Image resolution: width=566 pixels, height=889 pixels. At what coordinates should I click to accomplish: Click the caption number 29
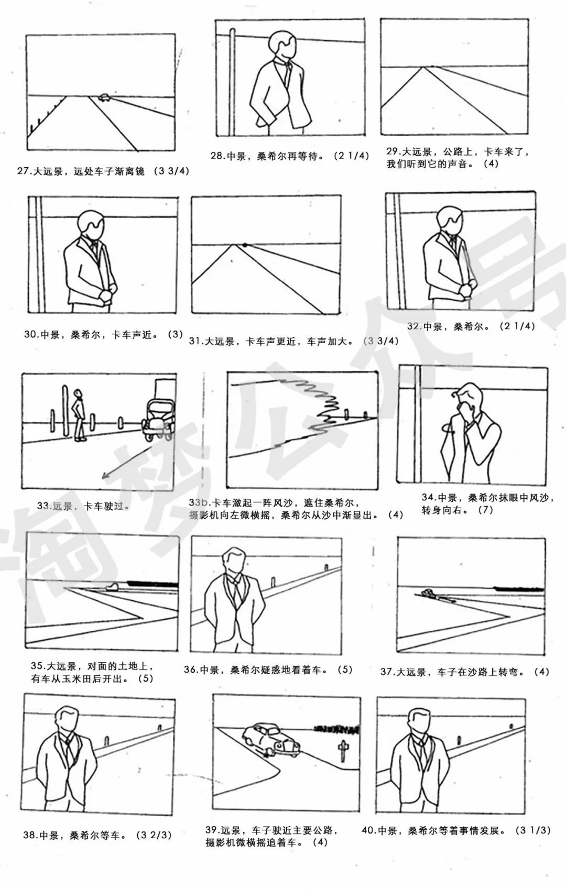pyautogui.click(x=393, y=152)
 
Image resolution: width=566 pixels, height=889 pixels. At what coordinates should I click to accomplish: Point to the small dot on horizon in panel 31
pyautogui.click(x=244, y=245)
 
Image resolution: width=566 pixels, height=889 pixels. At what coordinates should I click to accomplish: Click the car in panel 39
pyautogui.click(x=270, y=739)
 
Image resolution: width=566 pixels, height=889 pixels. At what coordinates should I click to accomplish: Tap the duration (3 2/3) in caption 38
pyautogui.click(x=154, y=835)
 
